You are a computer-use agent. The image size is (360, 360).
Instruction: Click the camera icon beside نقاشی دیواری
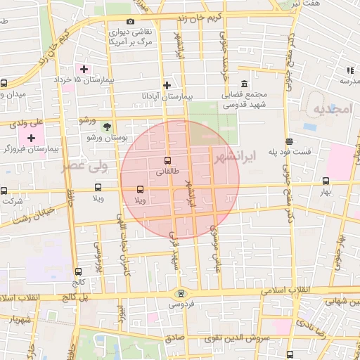130,22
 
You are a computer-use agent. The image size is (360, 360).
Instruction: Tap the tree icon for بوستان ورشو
106,127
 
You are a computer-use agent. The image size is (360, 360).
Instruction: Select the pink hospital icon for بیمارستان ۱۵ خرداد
85,69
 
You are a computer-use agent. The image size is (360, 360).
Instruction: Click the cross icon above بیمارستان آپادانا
167,85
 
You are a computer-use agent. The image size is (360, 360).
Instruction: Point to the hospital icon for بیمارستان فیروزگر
31,137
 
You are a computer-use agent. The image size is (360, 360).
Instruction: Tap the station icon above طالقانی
167,160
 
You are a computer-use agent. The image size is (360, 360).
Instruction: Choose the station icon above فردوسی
181,293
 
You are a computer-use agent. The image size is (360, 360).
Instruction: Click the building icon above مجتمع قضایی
244,84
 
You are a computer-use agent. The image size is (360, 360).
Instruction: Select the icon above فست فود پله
289,141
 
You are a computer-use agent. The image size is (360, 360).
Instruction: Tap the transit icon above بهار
326,180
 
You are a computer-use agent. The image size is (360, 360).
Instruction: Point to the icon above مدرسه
349,70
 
